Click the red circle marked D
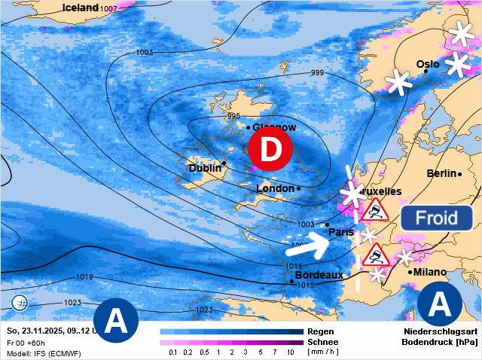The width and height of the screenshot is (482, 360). (270, 150)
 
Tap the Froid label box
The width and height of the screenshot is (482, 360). (436, 218)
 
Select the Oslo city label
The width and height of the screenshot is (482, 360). (427, 64)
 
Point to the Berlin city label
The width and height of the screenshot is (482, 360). (441, 173)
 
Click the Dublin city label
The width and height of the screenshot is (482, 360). (203, 169)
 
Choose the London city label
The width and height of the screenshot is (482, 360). (276, 188)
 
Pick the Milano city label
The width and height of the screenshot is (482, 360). (430, 272)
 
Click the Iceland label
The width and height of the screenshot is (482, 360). (81, 8)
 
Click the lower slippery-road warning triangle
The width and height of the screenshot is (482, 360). (374, 254)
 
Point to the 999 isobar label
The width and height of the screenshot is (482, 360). (317, 73)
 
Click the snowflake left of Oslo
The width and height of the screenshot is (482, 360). (399, 81)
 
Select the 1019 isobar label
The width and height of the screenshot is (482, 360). (84, 277)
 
